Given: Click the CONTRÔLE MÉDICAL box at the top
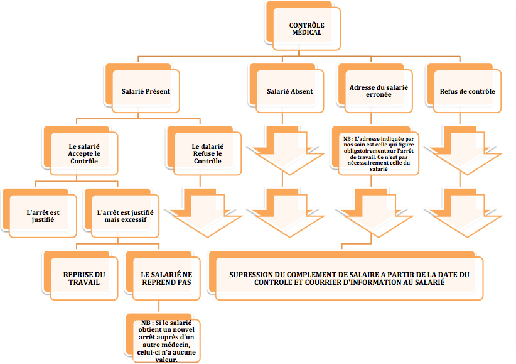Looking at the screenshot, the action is (x=303, y=26).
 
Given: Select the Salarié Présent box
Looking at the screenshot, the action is (x=142, y=89).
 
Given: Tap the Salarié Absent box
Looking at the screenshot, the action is (x=286, y=89).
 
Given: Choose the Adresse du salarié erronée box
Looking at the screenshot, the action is (x=375, y=89).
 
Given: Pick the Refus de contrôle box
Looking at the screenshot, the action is (x=464, y=89).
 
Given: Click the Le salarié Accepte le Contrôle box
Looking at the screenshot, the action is (x=80, y=151).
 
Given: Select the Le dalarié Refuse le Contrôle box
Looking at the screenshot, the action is (x=204, y=151).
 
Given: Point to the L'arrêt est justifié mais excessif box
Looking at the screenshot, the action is (x=122, y=213).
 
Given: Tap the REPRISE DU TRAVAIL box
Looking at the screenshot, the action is (x=80, y=275).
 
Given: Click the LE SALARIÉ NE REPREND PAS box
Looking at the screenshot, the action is (x=163, y=275).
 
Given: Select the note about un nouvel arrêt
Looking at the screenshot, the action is (x=163, y=338).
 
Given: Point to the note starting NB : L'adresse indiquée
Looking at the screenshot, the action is (x=375, y=151).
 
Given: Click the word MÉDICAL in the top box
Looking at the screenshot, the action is (x=307, y=32).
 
